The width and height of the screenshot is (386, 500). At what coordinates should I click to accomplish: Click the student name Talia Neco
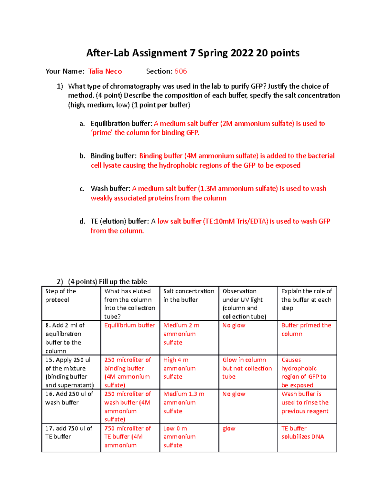click(105, 71)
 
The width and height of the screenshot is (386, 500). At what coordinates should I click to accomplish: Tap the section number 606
click(180, 71)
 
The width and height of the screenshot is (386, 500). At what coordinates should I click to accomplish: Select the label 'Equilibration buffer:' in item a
click(121, 124)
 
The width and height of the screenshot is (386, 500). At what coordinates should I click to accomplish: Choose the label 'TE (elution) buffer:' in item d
click(120, 222)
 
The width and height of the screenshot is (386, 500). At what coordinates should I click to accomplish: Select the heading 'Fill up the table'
click(123, 282)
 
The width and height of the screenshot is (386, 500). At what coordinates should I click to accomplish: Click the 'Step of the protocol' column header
click(61, 295)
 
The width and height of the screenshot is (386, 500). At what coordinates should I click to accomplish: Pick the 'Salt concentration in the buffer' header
click(188, 295)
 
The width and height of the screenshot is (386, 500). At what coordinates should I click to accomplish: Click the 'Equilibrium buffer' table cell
click(129, 325)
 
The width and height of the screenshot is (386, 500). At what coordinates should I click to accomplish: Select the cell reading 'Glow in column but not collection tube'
click(247, 368)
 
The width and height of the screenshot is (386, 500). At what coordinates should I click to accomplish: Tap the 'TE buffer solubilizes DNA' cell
click(302, 433)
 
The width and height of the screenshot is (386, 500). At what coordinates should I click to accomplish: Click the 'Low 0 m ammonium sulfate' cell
click(179, 437)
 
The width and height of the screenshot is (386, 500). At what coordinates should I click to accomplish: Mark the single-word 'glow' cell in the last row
click(229, 429)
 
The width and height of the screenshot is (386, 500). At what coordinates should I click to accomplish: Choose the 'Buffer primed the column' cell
click(306, 330)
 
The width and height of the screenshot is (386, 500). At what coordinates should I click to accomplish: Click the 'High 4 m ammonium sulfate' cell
click(179, 368)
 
